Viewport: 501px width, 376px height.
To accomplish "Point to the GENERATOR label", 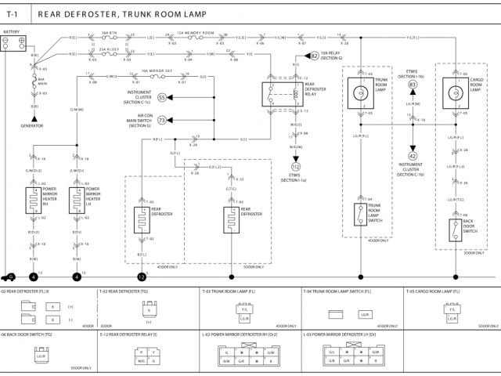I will [x=32, y=125].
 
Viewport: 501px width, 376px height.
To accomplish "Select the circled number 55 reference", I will [x=162, y=98].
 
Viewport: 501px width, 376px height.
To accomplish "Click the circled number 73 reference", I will [x=162, y=120].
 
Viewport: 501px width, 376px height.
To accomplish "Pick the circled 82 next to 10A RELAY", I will [x=315, y=56].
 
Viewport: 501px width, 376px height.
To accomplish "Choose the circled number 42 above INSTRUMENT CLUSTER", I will [x=412, y=156].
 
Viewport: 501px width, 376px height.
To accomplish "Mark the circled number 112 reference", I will [x=296, y=167].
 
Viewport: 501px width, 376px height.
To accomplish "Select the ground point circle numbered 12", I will [x=142, y=277].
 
